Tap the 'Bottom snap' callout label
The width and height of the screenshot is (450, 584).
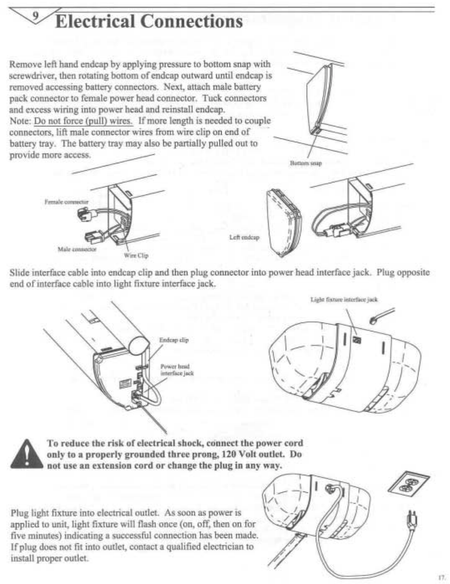point(306,163)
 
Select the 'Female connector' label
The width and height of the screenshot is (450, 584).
point(66,202)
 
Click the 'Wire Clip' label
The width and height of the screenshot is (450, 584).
point(136,255)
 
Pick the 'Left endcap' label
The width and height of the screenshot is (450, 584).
point(244,237)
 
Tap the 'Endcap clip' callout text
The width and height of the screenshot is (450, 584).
point(174,340)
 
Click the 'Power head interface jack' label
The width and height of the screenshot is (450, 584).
point(177,370)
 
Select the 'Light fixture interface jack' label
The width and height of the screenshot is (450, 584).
point(344,299)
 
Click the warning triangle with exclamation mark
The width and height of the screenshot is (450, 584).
point(27,454)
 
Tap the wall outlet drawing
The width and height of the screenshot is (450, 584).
point(409,485)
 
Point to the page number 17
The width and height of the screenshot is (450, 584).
point(440,577)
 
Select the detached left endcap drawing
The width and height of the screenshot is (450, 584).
point(284,223)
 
